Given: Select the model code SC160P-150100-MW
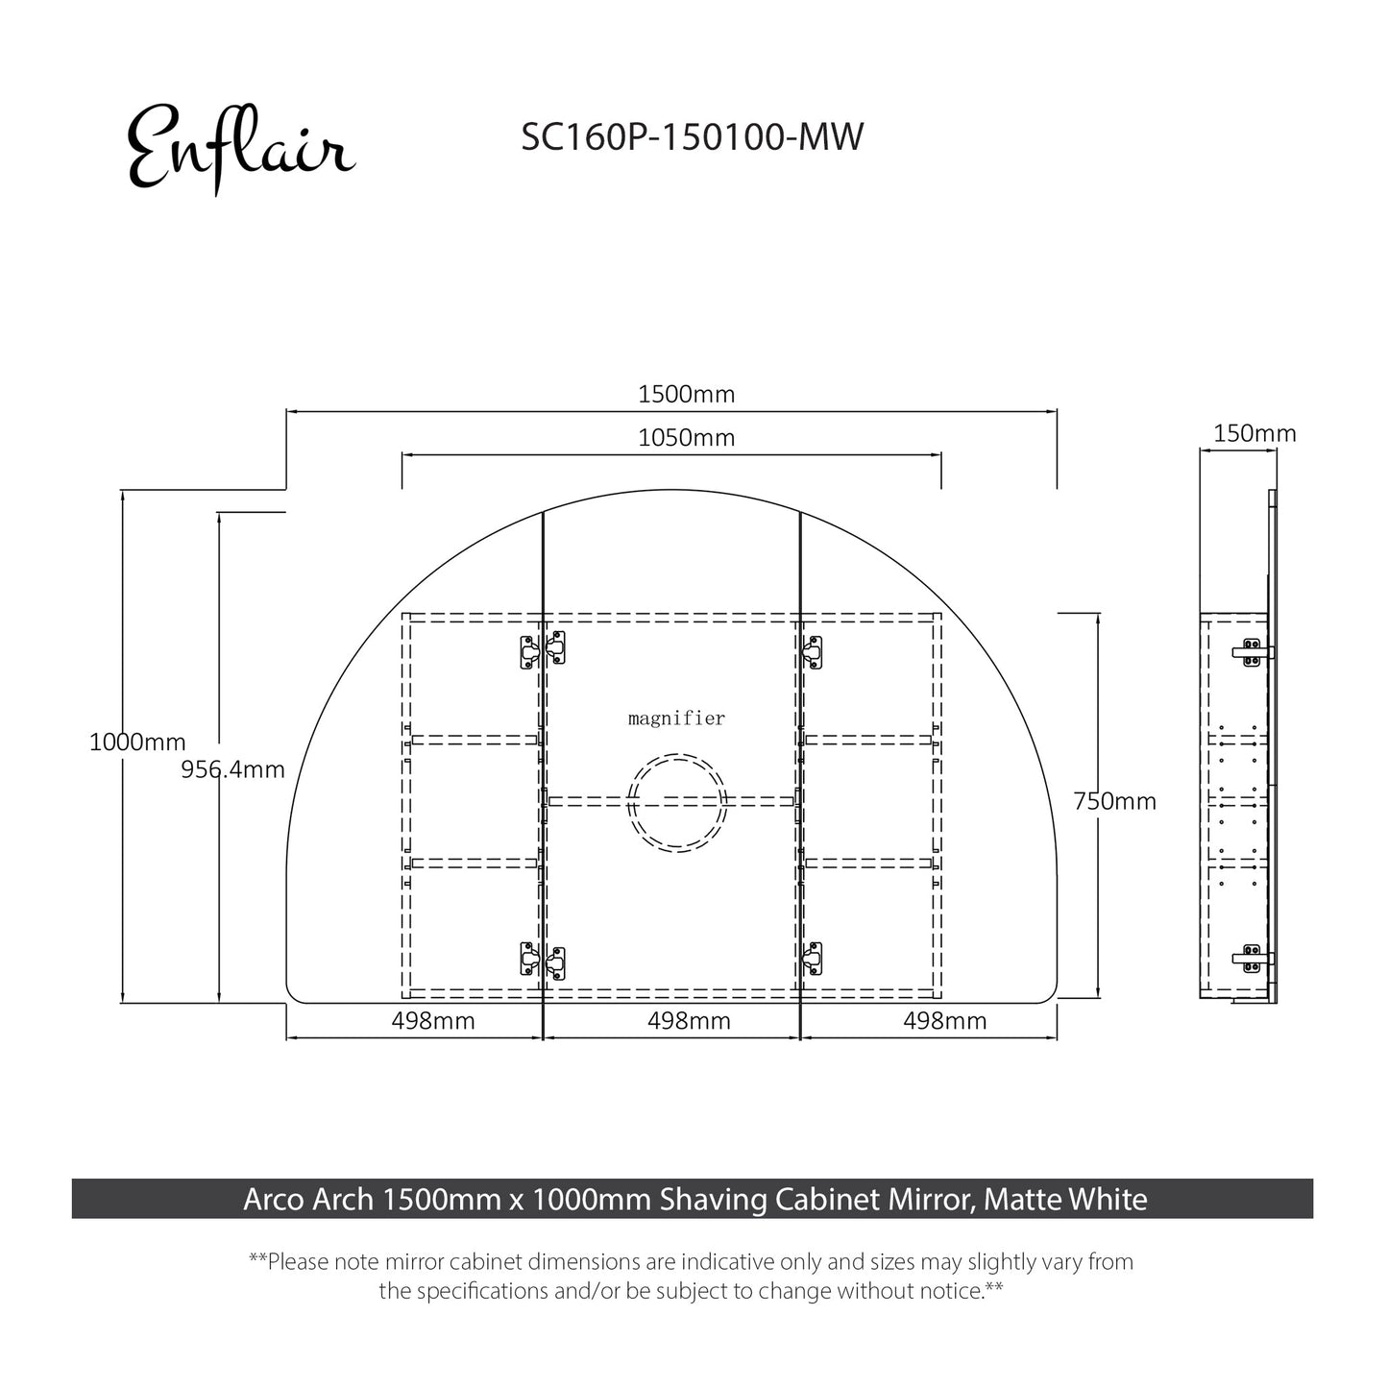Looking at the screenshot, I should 692,137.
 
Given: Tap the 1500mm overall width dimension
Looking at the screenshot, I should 686,394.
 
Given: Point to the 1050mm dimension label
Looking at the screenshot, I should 686,438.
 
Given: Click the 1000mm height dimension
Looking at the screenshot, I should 137,743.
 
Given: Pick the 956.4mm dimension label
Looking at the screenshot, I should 232,769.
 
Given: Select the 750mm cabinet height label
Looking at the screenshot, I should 1114,801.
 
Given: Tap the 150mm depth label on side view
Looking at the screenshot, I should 1254,433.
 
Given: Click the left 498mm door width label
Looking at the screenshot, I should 432,1021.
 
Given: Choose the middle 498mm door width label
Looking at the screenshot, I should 688,1021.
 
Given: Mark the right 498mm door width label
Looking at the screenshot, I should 944,1021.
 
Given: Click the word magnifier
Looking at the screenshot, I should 676,718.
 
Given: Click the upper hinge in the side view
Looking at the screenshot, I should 1252,651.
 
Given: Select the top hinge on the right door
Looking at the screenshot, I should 813,652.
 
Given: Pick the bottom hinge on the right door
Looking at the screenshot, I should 813,958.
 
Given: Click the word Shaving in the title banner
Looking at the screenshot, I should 707,1200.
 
